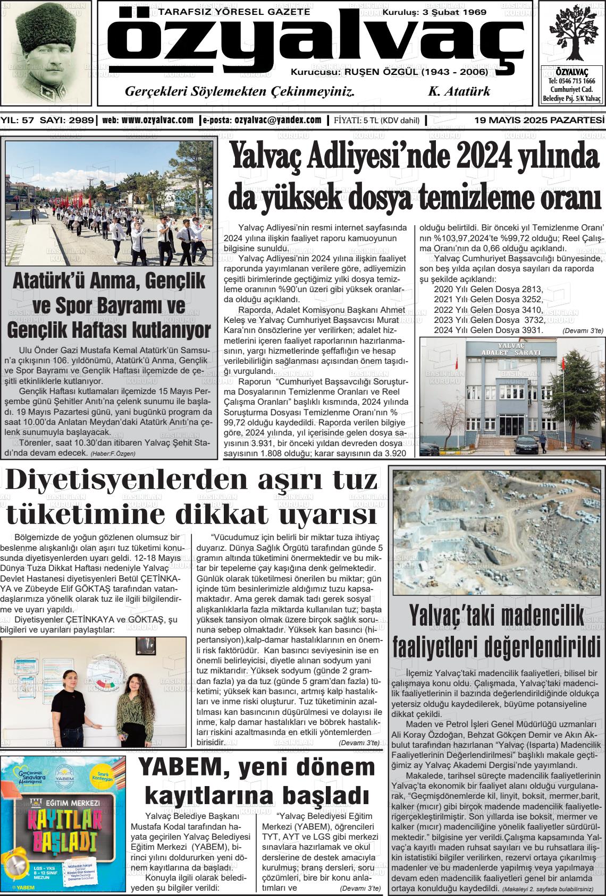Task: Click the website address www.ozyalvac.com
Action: click(157, 120)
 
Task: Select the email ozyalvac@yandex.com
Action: click(277, 120)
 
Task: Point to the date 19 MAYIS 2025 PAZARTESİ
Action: click(539, 121)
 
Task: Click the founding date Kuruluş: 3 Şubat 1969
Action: click(434, 12)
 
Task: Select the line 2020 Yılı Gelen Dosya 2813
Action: click(488, 289)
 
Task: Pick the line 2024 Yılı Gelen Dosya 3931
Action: click(488, 330)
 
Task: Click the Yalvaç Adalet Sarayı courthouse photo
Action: click(512, 397)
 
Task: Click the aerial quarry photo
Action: click(497, 532)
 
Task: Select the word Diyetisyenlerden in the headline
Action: click(112, 481)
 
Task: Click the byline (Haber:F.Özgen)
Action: click(113, 454)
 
